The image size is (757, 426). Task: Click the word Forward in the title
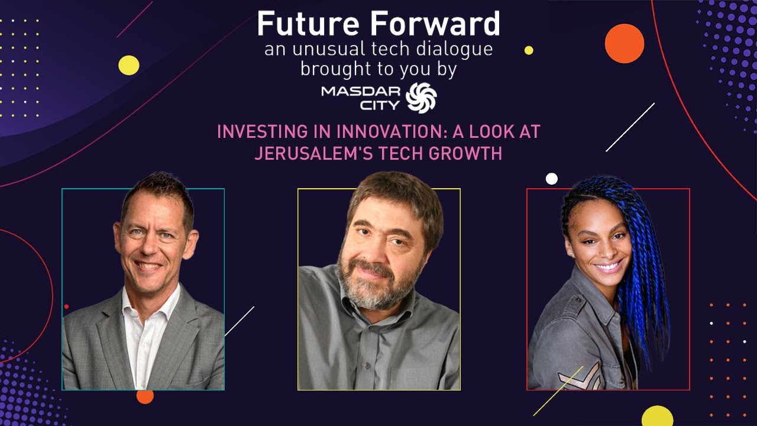coord(438,25)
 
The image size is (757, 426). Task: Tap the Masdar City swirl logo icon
coord(421,98)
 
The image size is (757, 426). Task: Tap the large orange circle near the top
coord(624,43)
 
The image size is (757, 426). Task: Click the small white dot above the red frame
coord(552,179)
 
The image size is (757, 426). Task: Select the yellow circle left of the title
coord(129,65)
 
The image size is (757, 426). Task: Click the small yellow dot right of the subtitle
coord(529,50)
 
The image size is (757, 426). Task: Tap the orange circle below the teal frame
coord(145,396)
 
